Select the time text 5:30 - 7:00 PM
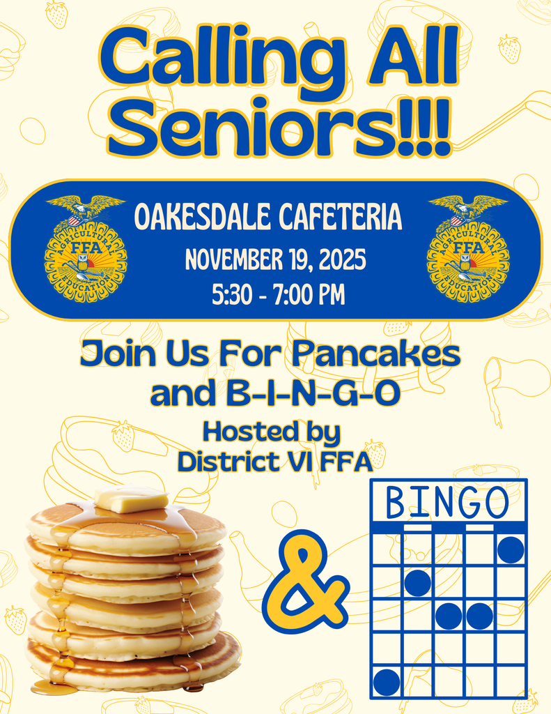pos(277,294)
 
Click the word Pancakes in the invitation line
pos(376,355)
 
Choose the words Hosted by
pos(271,432)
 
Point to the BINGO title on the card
pos(447,501)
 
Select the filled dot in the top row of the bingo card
pos(511,549)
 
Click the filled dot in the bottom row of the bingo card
pos(387,681)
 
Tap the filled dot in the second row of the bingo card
pos(417,583)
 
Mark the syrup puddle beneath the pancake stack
pos(54,689)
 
